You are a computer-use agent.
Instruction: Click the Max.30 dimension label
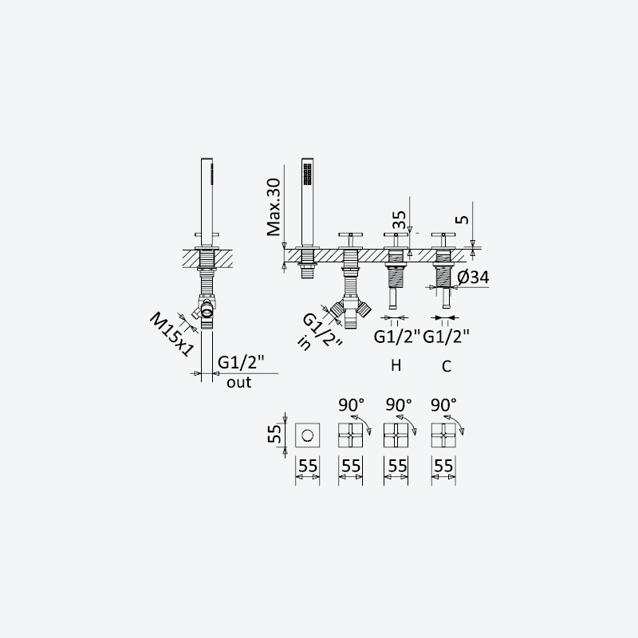274,207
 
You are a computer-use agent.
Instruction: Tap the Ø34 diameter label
473,278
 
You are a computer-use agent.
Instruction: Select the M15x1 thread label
171,334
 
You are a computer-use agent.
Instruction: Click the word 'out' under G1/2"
238,383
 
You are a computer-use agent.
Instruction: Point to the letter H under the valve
396,365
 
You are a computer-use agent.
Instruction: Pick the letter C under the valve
447,366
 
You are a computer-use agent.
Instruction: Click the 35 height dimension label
400,220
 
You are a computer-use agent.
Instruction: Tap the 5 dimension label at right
463,220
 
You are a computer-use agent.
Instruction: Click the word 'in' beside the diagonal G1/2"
305,344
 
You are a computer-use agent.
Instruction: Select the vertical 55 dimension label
274,434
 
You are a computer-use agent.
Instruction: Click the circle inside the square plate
307,435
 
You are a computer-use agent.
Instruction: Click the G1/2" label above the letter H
396,337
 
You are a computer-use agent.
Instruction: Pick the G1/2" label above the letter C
447,337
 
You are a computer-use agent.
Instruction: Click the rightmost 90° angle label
444,405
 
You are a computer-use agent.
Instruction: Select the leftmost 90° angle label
352,405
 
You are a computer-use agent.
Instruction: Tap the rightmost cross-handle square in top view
443,435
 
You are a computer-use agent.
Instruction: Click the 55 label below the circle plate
308,467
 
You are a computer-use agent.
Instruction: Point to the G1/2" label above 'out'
241,362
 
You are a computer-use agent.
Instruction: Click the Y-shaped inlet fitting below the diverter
350,312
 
